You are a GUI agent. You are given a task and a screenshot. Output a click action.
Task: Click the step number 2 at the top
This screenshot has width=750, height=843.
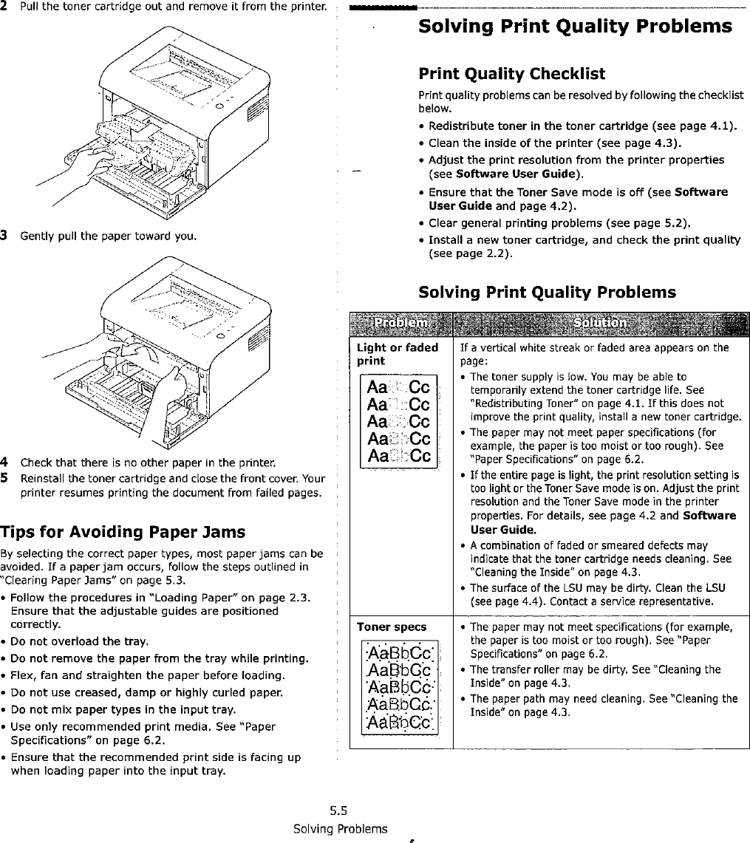4,7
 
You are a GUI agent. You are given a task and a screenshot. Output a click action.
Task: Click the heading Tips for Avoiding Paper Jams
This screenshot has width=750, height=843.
123,532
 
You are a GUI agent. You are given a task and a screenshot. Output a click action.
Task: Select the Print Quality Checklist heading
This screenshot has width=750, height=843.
511,74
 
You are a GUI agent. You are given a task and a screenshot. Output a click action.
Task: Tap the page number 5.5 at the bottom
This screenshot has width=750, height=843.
340,809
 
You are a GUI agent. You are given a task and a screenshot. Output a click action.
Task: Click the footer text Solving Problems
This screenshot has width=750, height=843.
341,828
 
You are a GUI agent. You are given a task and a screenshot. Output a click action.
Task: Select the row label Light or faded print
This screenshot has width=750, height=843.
398,355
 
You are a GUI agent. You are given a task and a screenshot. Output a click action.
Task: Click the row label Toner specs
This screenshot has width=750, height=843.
392,627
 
